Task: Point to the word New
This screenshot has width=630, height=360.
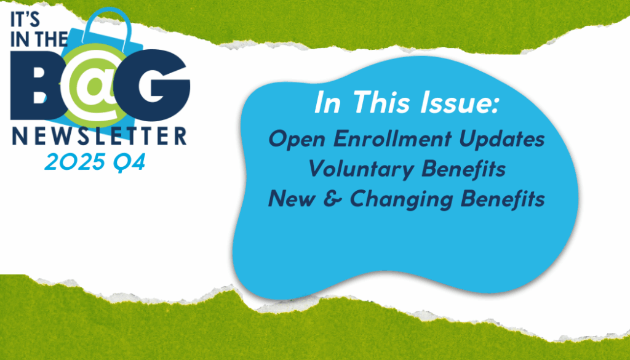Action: pyautogui.click(x=292, y=199)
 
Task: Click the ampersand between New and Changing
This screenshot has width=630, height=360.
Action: pyautogui.click(x=333, y=199)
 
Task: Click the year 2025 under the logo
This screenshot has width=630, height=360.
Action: pyautogui.click(x=74, y=162)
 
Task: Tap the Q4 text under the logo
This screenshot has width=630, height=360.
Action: pyautogui.click(x=129, y=162)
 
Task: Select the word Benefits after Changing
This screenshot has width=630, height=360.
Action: pyautogui.click(x=503, y=199)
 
